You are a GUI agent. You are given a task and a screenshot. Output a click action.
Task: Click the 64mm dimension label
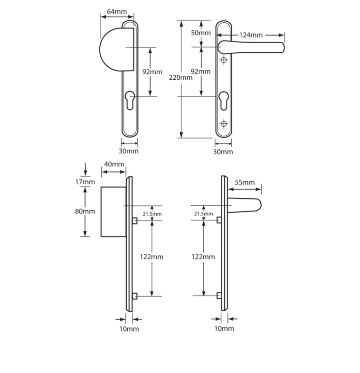point(117,12)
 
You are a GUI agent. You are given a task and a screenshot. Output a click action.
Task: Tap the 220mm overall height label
point(181,77)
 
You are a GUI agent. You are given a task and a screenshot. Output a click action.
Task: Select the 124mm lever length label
point(251,35)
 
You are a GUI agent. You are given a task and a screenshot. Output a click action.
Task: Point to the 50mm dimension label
point(201,33)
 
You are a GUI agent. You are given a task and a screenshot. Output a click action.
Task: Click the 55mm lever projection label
point(245,182)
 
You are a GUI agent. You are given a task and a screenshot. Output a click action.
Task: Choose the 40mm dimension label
point(114,164)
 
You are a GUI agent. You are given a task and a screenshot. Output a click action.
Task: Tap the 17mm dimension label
point(85,182)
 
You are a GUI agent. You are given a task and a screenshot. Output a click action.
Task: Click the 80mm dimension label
point(85,211)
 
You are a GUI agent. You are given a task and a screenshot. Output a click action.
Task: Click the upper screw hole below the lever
point(224,60)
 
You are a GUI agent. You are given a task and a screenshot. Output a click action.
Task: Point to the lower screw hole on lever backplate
point(224,124)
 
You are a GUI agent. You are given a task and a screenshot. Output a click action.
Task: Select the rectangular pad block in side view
point(113,212)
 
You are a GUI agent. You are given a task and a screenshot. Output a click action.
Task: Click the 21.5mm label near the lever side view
point(203,214)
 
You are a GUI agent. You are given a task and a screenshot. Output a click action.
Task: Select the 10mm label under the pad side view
point(129,329)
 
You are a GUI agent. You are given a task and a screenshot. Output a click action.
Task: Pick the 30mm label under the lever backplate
point(223,152)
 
